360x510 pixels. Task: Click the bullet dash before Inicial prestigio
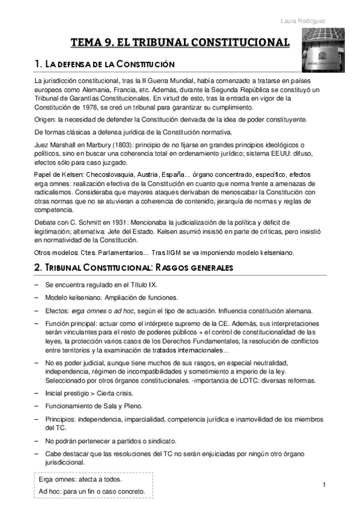37,394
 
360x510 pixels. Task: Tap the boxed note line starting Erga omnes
80,480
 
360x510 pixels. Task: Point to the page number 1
324,485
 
